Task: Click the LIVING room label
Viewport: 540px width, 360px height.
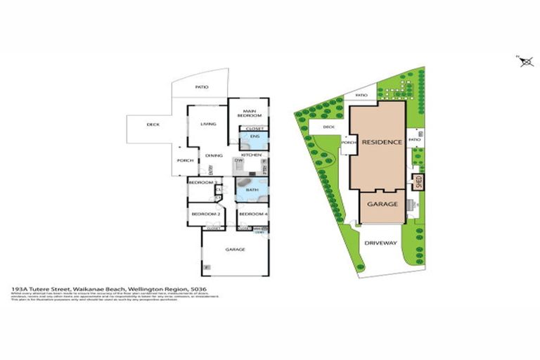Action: pos(207,124)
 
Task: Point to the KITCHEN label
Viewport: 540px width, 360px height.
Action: pos(251,154)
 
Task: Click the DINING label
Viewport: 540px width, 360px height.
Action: pos(214,156)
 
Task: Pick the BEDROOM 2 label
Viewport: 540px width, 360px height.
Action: pos(203,214)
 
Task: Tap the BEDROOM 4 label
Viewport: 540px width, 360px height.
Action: pos(251,214)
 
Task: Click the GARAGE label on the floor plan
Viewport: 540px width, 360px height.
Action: pos(234,249)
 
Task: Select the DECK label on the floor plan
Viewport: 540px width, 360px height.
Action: pos(153,124)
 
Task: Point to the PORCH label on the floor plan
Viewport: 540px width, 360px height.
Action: pos(185,160)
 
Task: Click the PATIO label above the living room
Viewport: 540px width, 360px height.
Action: pos(201,87)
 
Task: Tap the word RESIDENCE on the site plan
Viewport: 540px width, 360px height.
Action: pos(382,142)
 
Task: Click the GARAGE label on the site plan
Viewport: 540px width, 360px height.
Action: pos(382,205)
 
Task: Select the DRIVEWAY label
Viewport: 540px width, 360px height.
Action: pos(381,243)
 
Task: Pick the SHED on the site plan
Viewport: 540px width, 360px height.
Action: pos(418,184)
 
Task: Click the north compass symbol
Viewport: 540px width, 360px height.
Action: pos(525,62)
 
